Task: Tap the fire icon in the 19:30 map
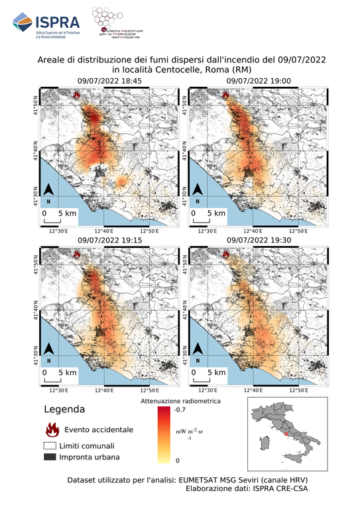click(x=227, y=254)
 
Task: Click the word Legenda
click(x=64, y=410)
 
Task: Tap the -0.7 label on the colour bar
click(x=180, y=410)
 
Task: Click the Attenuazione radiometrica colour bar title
click(x=176, y=401)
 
